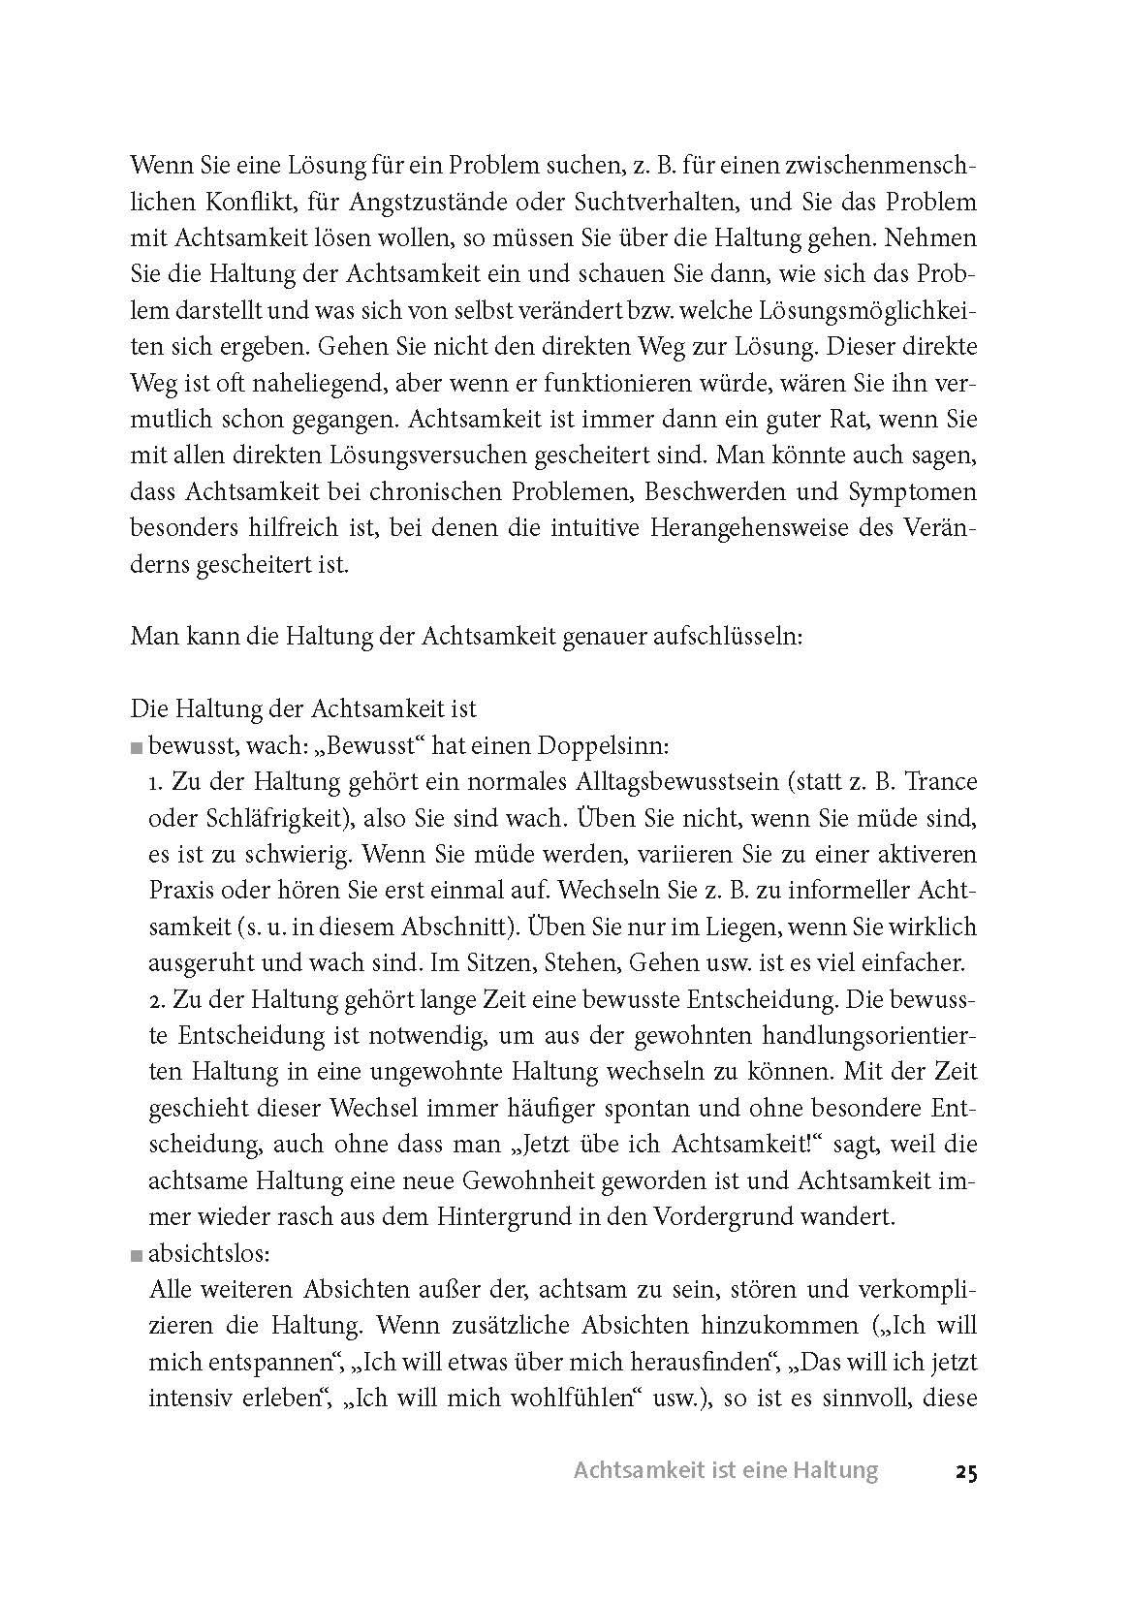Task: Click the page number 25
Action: (964, 1471)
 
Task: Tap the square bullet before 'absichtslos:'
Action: (135, 1255)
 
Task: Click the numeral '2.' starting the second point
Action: (158, 999)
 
